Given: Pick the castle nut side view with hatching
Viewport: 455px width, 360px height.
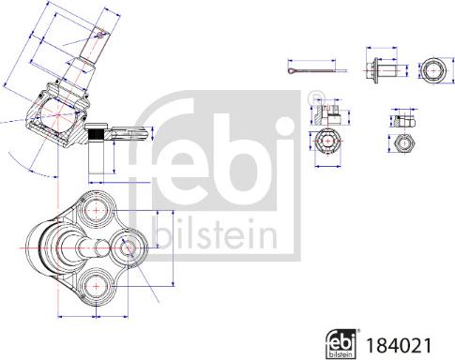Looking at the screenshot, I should point(326,113).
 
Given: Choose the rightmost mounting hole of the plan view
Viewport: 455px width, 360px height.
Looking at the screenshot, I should point(129,247).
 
